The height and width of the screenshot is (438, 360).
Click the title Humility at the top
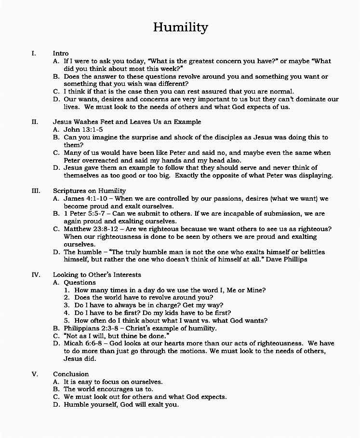point(180,27)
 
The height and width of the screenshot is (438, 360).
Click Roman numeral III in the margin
point(36,191)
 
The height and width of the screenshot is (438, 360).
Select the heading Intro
point(61,53)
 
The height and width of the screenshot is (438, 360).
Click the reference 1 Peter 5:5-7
point(85,213)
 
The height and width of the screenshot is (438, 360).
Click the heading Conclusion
point(71,374)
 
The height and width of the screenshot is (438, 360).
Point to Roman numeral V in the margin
point(35,374)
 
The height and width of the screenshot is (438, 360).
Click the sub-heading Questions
point(80,282)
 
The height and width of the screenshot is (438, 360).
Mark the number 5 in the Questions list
point(67,320)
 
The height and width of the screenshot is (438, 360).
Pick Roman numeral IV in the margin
point(36,274)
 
